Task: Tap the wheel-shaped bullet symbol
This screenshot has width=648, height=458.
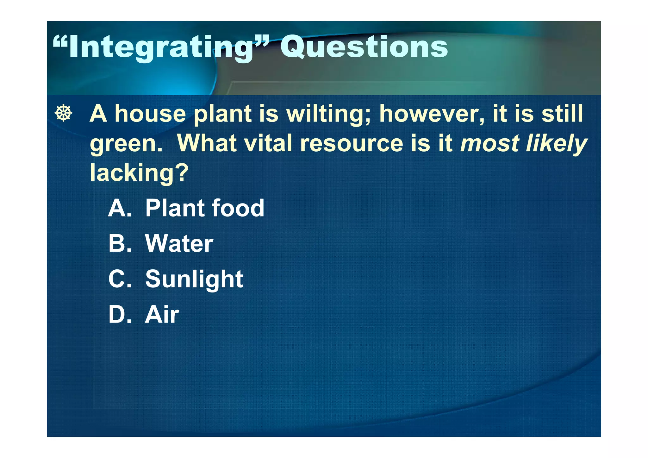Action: click(64, 113)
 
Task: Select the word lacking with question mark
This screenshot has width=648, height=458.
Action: click(139, 173)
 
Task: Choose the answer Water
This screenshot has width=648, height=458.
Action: click(179, 243)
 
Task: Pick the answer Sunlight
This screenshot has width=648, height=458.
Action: click(194, 279)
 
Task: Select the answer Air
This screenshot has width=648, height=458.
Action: click(162, 315)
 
